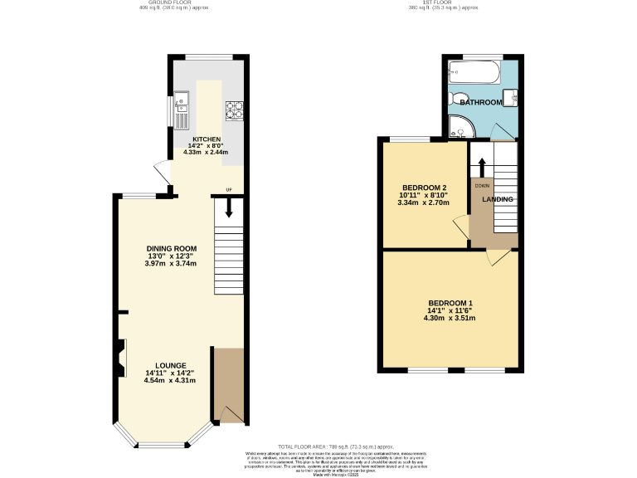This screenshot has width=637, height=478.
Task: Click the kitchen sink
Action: (182, 105)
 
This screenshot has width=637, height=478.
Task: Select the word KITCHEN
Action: (207, 139)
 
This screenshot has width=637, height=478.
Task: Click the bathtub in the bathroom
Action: (473, 73)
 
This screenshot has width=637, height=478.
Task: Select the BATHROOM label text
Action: (482, 102)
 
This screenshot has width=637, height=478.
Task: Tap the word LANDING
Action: (498, 199)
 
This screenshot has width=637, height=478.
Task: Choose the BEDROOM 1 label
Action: (450, 302)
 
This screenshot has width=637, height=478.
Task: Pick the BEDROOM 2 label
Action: (424, 188)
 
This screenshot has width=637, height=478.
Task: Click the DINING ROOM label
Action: (171, 248)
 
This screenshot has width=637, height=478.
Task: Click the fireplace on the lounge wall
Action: (121, 354)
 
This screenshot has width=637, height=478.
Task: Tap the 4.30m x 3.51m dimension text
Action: (450, 317)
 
